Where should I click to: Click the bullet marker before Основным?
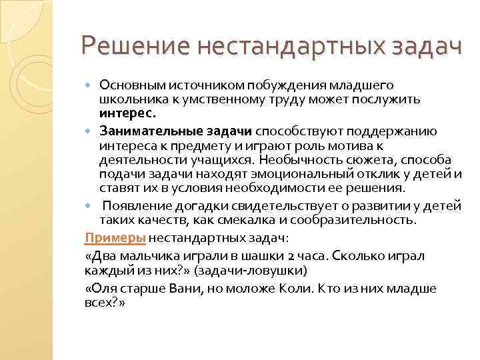(91, 85)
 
